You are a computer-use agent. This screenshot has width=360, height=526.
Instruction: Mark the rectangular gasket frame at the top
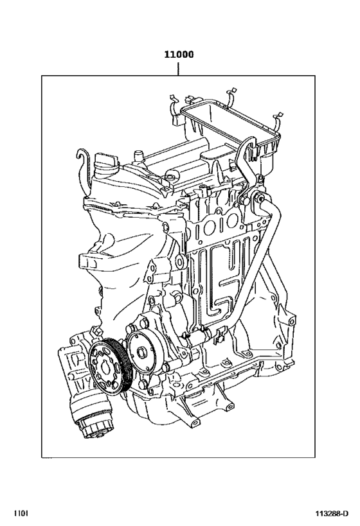tap(231, 128)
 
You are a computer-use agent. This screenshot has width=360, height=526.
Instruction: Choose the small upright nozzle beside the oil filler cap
tap(137, 156)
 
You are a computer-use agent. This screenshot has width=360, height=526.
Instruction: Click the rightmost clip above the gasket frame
tap(277, 119)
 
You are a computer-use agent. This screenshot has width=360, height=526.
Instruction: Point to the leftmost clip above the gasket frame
tap(172, 101)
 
